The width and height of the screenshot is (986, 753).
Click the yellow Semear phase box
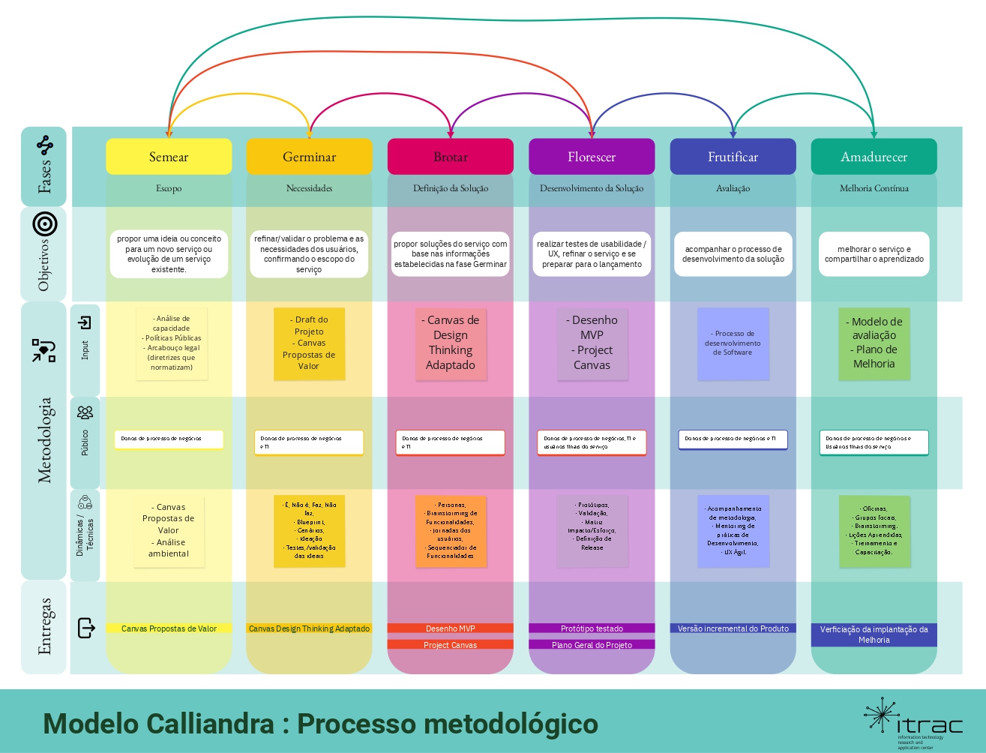(169, 157)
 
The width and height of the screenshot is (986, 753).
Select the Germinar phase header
(309, 157)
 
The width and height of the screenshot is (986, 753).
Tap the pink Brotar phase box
(450, 157)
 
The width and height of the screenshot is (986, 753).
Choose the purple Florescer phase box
(592, 157)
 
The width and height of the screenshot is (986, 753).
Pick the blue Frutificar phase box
(733, 157)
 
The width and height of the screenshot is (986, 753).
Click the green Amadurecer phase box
(874, 157)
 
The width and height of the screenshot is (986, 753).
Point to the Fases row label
(44, 175)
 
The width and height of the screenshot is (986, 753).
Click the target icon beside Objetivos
(45, 223)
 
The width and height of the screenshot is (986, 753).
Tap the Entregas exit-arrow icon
(86, 627)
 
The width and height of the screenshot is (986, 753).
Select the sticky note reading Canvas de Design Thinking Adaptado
(451, 343)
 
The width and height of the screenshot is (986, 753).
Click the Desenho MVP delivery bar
(450, 628)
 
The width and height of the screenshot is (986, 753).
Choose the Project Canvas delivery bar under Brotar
(450, 645)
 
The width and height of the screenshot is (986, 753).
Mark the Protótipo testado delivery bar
(592, 628)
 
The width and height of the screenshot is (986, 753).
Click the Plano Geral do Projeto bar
(592, 645)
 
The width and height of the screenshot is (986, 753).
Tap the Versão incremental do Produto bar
(733, 628)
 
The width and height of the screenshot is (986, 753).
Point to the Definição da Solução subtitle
(450, 188)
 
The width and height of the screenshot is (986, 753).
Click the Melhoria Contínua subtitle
(874, 188)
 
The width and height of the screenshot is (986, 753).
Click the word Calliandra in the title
(210, 724)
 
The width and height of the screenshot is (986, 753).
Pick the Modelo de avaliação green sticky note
(874, 343)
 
